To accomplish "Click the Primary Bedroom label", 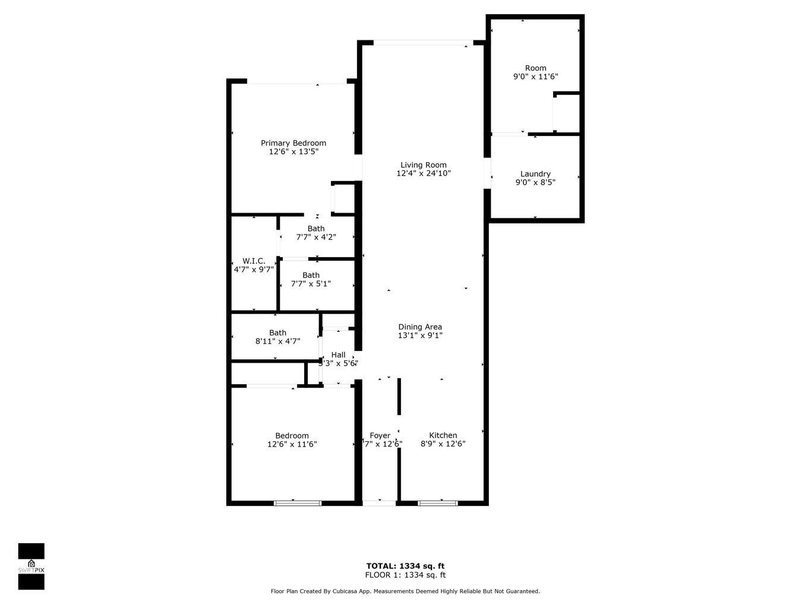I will click(294, 143).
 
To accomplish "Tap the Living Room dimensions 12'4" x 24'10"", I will click(424, 174).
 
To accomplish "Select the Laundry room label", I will click(535, 174).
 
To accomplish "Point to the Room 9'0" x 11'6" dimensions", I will click(535, 77).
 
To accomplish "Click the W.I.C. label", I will click(254, 261).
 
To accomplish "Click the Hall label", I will click(338, 355).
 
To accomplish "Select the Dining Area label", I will click(420, 327).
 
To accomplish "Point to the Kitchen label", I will click(443, 435).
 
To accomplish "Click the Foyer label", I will click(380, 435).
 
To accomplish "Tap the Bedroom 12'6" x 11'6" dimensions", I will click(292, 444).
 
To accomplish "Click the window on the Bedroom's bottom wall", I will click(298, 503).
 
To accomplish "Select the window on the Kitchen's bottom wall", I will click(438, 503).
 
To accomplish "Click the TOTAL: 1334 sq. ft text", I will click(405, 566).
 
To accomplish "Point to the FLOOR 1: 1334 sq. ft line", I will click(405, 575).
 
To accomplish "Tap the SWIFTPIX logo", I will click(31, 566).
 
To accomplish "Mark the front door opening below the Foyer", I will click(379, 503).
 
